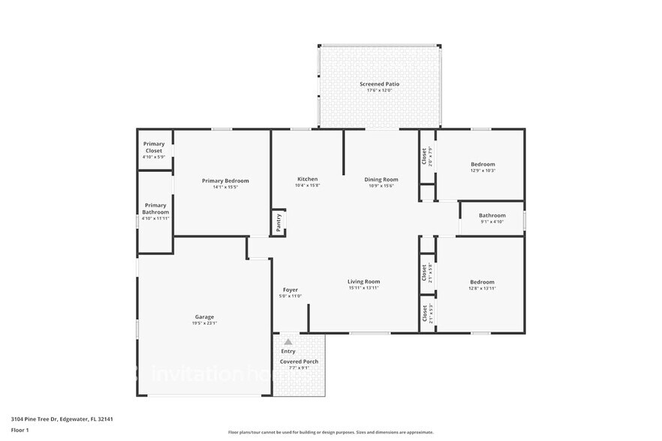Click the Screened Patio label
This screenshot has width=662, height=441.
tap(379, 84)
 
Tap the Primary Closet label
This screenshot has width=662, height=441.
tap(154, 147)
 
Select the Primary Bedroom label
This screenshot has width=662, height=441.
tap(225, 181)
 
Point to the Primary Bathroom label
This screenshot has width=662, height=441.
tap(155, 208)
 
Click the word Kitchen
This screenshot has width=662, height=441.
tap(308, 179)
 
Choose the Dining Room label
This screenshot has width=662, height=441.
tap(381, 179)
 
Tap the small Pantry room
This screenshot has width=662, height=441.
tap(278, 223)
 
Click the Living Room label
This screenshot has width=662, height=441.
tap(363, 281)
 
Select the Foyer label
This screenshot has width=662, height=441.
tap(290, 289)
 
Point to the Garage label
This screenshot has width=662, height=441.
tap(205, 316)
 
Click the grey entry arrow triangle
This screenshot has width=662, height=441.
tap(287, 341)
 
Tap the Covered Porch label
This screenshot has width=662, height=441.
tap(299, 361)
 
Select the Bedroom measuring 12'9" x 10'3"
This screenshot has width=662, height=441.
tap(483, 164)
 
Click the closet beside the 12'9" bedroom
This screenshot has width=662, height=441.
tap(425, 156)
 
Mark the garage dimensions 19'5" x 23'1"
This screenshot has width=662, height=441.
tap(205, 323)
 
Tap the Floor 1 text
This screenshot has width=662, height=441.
tap(20, 430)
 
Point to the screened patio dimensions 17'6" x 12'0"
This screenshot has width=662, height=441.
tap(379, 91)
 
